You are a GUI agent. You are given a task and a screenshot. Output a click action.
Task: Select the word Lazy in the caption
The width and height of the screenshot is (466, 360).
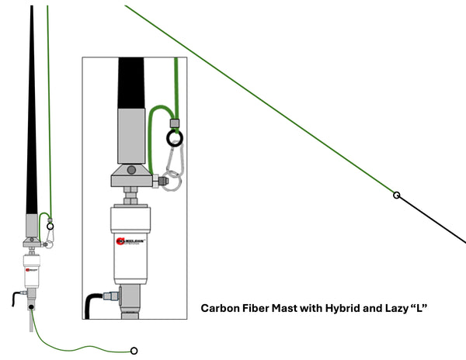coord(395,308)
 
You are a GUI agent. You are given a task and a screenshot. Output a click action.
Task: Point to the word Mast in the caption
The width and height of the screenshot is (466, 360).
coord(291,308)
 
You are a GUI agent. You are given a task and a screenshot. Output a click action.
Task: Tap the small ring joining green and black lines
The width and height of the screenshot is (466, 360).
coord(396,195)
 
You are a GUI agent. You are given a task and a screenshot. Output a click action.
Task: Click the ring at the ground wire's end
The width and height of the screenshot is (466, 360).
coord(134,351)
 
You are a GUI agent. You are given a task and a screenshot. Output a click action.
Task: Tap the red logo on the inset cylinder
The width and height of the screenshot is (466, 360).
coord(120,241)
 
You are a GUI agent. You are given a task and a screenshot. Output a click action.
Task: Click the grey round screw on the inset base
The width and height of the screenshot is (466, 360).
coord(130,169)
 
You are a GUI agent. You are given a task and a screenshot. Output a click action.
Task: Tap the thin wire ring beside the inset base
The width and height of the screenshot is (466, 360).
coord(176,184)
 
